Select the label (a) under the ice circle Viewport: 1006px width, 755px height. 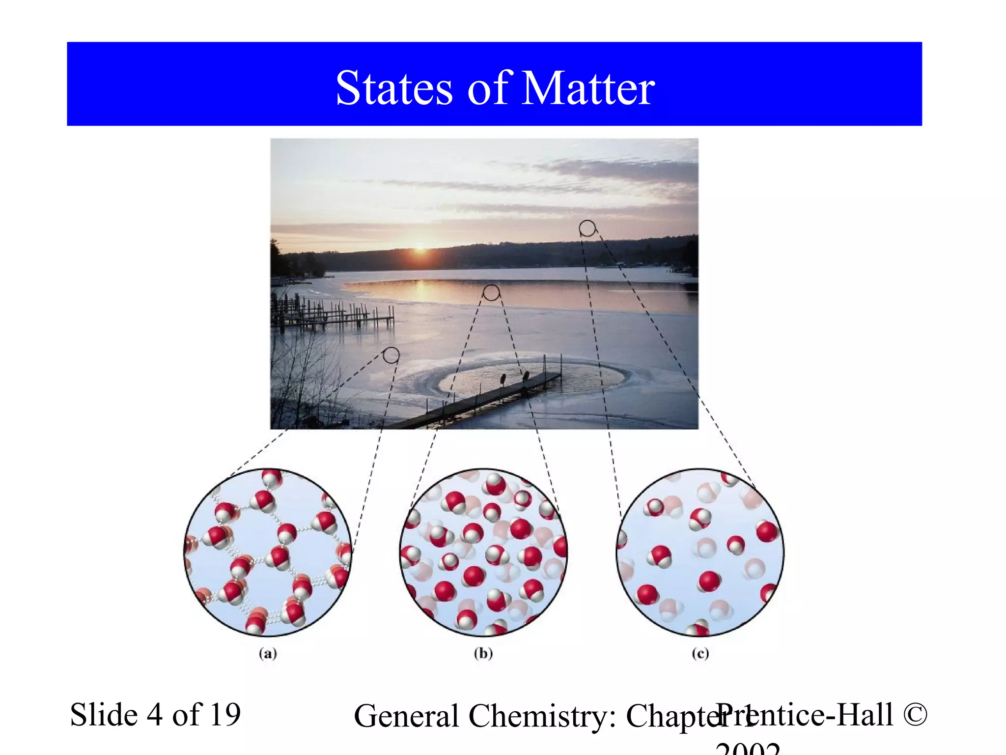[268, 653]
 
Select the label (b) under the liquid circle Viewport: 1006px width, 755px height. [483, 653]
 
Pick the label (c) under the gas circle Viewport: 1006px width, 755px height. [700, 653]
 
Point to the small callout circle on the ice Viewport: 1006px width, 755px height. [391, 355]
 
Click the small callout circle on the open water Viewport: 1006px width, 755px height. [491, 292]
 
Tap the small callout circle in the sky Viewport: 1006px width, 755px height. [587, 228]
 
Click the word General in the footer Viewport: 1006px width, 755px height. [406, 716]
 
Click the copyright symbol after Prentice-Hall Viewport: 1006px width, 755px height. [915, 715]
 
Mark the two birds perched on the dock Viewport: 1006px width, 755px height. [514, 378]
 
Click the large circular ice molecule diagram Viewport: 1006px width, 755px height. [268, 552]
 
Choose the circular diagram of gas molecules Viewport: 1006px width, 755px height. [700, 552]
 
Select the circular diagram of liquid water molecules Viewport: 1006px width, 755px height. [483, 552]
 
